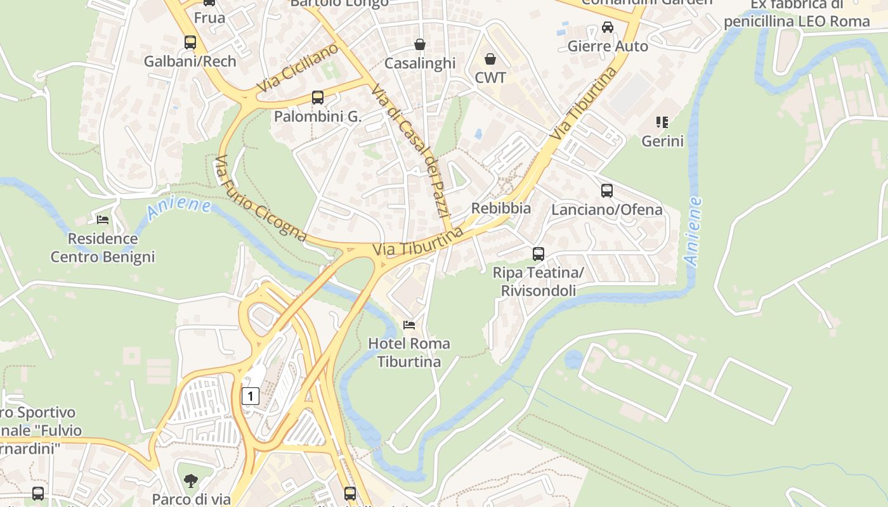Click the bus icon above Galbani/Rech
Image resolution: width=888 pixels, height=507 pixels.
(x=190, y=42)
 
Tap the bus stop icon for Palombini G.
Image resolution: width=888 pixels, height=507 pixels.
(x=318, y=98)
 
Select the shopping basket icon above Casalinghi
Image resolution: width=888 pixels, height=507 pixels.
(x=420, y=44)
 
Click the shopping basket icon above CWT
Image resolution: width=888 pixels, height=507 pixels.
(x=490, y=59)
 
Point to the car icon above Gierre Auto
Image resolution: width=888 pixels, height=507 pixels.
(x=608, y=27)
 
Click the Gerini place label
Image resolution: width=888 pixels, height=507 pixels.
(x=663, y=141)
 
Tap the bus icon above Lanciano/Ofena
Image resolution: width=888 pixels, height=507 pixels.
(x=607, y=190)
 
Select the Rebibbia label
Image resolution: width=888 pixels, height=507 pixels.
(x=501, y=208)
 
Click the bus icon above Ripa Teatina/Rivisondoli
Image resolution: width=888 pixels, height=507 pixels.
(x=539, y=253)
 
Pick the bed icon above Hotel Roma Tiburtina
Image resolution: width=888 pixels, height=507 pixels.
(x=409, y=325)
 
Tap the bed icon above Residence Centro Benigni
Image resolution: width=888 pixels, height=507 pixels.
(x=103, y=220)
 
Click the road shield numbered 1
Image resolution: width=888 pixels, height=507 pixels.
(x=251, y=397)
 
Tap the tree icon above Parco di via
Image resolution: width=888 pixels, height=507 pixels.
(x=190, y=481)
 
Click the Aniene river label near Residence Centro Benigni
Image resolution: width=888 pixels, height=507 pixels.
(x=178, y=209)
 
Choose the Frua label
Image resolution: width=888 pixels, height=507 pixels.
(x=209, y=18)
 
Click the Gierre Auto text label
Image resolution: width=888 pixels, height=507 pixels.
(x=608, y=46)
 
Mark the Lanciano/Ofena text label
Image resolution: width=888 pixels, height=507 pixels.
(x=607, y=210)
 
